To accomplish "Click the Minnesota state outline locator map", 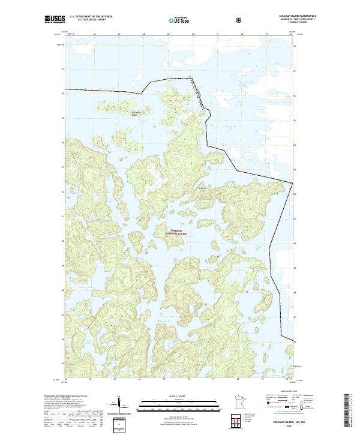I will (241, 404).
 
